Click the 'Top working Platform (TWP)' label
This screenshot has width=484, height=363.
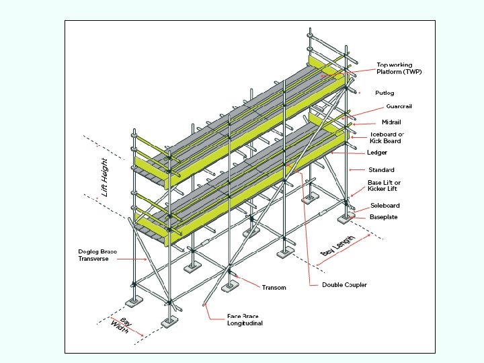tap(399, 69)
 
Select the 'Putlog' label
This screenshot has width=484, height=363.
tap(385, 93)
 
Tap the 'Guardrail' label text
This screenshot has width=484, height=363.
tap(399, 107)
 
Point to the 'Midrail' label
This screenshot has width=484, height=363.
tap(391, 122)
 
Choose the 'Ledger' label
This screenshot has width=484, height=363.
tap(377, 153)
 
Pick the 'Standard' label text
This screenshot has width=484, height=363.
tap(381, 169)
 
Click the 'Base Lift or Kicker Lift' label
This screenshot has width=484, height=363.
tap(384, 186)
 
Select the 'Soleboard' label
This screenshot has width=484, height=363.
tap(385, 205)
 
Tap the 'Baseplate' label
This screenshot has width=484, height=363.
tap(383, 217)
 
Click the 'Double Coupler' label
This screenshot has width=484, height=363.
tap(344, 285)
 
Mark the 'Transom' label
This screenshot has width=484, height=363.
tap(274, 288)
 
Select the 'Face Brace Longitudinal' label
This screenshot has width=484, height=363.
tap(244, 320)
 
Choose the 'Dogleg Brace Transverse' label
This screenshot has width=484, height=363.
tap(97, 255)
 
